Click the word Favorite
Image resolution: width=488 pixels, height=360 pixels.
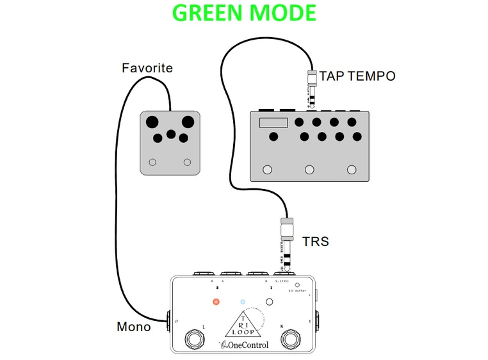pos(147,67)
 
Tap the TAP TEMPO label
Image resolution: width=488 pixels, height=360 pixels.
pos(357,76)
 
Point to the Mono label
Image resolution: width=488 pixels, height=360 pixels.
pos(134,327)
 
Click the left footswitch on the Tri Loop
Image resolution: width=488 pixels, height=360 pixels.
pos(193,338)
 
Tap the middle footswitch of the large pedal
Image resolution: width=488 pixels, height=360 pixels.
pos(310,170)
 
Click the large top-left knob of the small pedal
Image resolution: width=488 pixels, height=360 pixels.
pos(152,122)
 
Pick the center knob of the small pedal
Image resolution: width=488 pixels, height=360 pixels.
pos(170,134)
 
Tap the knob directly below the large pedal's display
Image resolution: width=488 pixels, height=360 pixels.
pos(274,136)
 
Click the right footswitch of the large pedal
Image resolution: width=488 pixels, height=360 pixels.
pos(351,170)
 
